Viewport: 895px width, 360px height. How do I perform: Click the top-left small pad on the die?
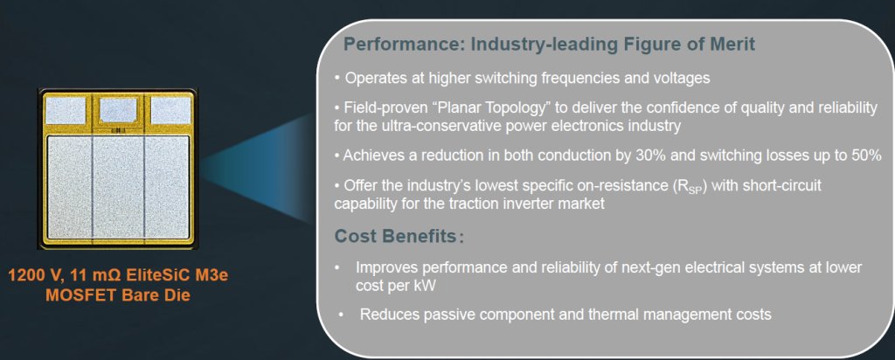(x=65, y=111)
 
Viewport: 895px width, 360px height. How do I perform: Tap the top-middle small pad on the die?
(x=118, y=109)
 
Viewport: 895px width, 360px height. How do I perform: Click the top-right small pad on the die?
(x=170, y=111)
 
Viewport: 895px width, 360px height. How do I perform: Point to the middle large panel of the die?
(x=118, y=187)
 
